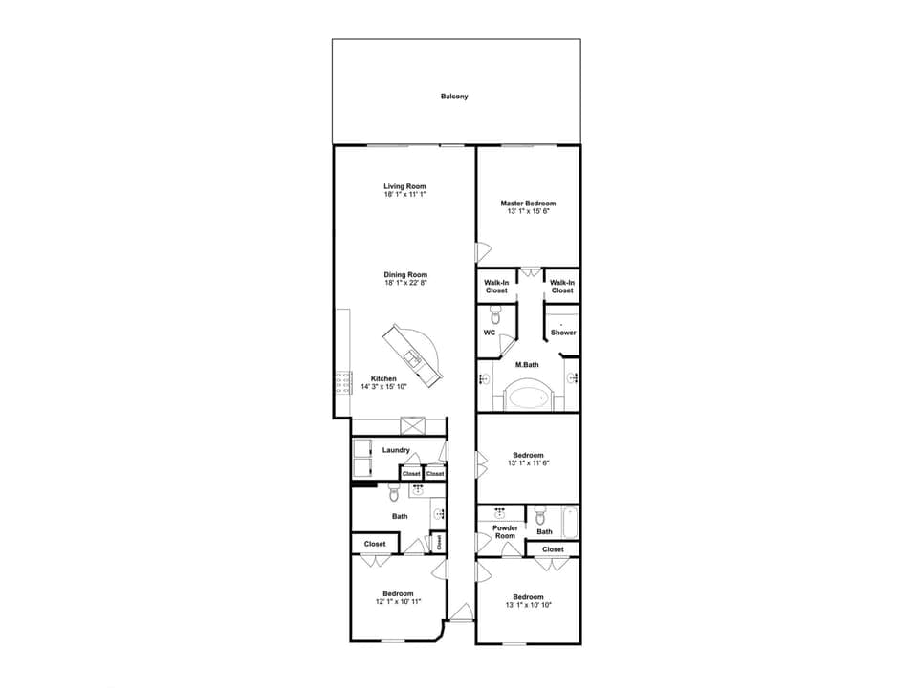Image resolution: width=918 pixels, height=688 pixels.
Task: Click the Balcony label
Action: [x=454, y=97]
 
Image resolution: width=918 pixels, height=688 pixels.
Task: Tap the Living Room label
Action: [x=404, y=186]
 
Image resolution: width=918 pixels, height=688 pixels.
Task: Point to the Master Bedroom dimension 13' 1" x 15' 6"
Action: [x=528, y=211]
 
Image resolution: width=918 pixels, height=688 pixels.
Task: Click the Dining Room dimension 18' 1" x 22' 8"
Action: [x=404, y=283]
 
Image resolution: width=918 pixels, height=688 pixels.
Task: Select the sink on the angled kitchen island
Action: [x=413, y=358]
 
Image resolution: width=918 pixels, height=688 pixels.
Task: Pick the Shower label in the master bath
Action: [x=563, y=333]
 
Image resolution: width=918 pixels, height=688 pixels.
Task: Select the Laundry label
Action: [x=396, y=450]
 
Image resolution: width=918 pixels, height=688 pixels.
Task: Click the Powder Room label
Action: [x=505, y=531]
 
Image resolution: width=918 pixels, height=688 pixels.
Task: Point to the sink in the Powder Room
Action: [x=500, y=513]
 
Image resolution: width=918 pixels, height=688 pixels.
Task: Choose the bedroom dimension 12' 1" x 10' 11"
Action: [x=398, y=602]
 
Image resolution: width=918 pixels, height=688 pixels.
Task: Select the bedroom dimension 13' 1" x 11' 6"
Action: [x=528, y=462]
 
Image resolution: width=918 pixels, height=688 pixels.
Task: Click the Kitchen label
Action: [x=383, y=378]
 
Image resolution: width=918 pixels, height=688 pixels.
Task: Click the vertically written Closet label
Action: [x=439, y=542]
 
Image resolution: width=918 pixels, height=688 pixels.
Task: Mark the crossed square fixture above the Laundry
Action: [x=413, y=426]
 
